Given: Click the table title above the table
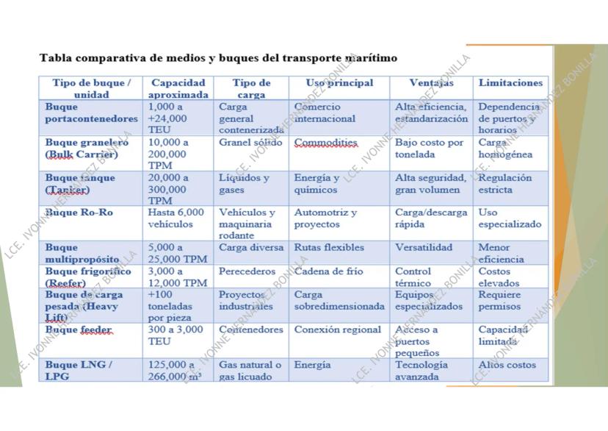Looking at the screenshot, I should [217, 57].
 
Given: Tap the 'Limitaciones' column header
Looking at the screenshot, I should [510, 83].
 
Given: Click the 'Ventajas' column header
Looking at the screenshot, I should [431, 83].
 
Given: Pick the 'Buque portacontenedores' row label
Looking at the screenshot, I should [91, 113].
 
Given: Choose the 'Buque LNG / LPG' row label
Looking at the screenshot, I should [79, 371].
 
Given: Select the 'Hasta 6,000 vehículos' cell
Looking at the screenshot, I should [175, 218].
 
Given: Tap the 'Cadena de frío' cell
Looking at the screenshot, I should [329, 271].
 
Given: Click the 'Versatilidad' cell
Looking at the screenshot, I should [424, 248].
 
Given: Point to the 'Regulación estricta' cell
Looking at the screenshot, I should [506, 184].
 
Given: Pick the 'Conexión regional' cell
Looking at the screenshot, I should [338, 330].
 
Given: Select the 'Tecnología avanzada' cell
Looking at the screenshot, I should [421, 371].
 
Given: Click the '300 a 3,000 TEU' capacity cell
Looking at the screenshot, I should [175, 335].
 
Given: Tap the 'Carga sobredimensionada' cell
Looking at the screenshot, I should [339, 300].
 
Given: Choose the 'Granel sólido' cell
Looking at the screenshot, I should [250, 143].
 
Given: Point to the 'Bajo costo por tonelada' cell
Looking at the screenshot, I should [430, 149].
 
